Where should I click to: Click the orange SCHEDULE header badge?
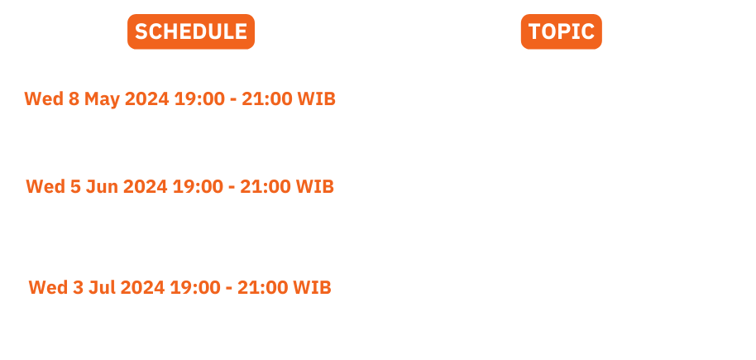coord(191,31)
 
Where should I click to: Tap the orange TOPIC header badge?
coord(562,31)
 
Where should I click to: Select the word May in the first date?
coord(102,99)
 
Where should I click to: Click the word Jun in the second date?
coord(102,187)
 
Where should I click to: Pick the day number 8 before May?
coord(74,99)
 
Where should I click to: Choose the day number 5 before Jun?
coord(75,187)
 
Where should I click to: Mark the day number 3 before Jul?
coord(78,288)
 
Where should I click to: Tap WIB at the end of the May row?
coord(316,99)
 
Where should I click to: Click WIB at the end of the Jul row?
coord(313,288)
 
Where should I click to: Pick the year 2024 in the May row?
coord(147,99)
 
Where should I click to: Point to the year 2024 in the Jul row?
coord(143,288)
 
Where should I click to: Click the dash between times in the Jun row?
coord(232,188)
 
